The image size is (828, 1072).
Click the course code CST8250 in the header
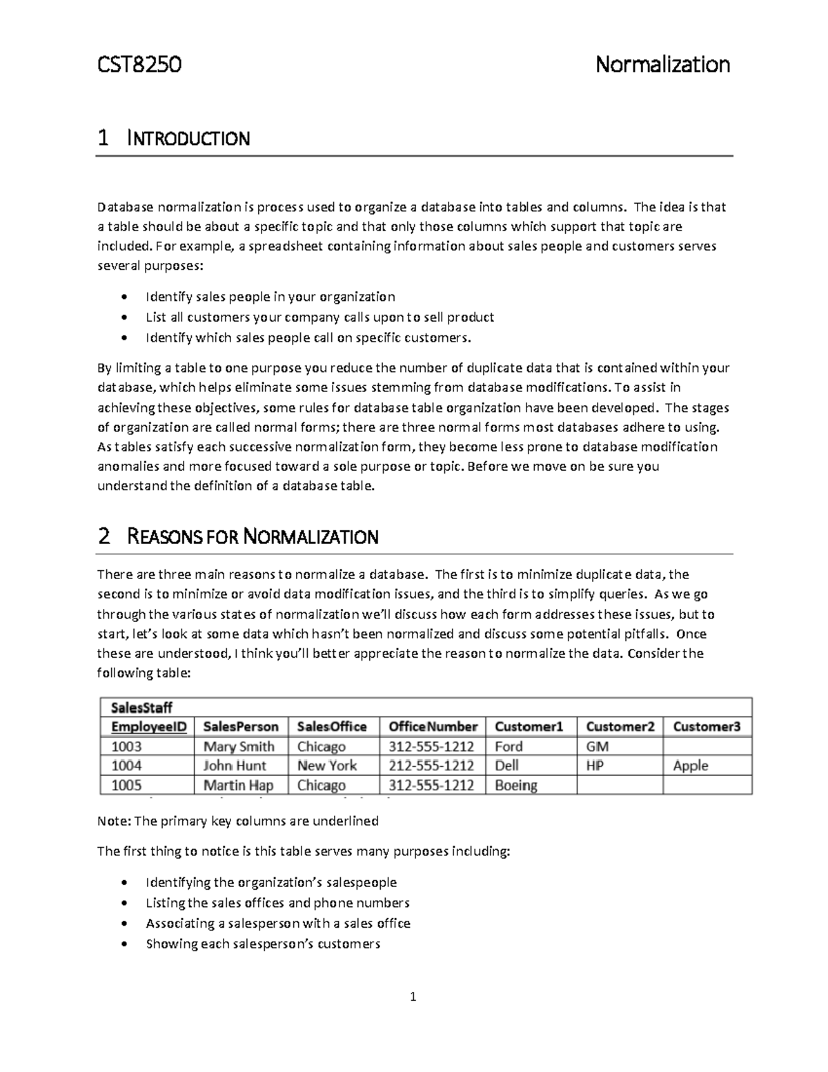point(139,65)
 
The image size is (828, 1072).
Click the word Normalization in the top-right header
point(662,65)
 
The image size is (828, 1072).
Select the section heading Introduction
point(188,139)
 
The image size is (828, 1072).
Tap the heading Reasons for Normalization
point(253,537)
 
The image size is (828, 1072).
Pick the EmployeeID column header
point(149,727)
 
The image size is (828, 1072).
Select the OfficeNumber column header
point(433,727)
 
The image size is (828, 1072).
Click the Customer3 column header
point(707,727)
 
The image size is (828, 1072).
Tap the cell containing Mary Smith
point(239,747)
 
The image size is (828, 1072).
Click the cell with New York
point(327,766)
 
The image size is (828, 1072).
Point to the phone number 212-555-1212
point(431,766)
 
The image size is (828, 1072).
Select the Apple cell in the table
point(691,766)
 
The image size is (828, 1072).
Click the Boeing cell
point(516,786)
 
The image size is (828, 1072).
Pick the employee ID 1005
point(126,786)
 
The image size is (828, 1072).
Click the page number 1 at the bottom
point(413,997)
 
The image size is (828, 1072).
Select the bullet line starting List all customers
point(319,318)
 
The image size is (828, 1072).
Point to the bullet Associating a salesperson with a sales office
point(277,924)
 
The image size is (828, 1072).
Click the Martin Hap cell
point(238,786)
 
